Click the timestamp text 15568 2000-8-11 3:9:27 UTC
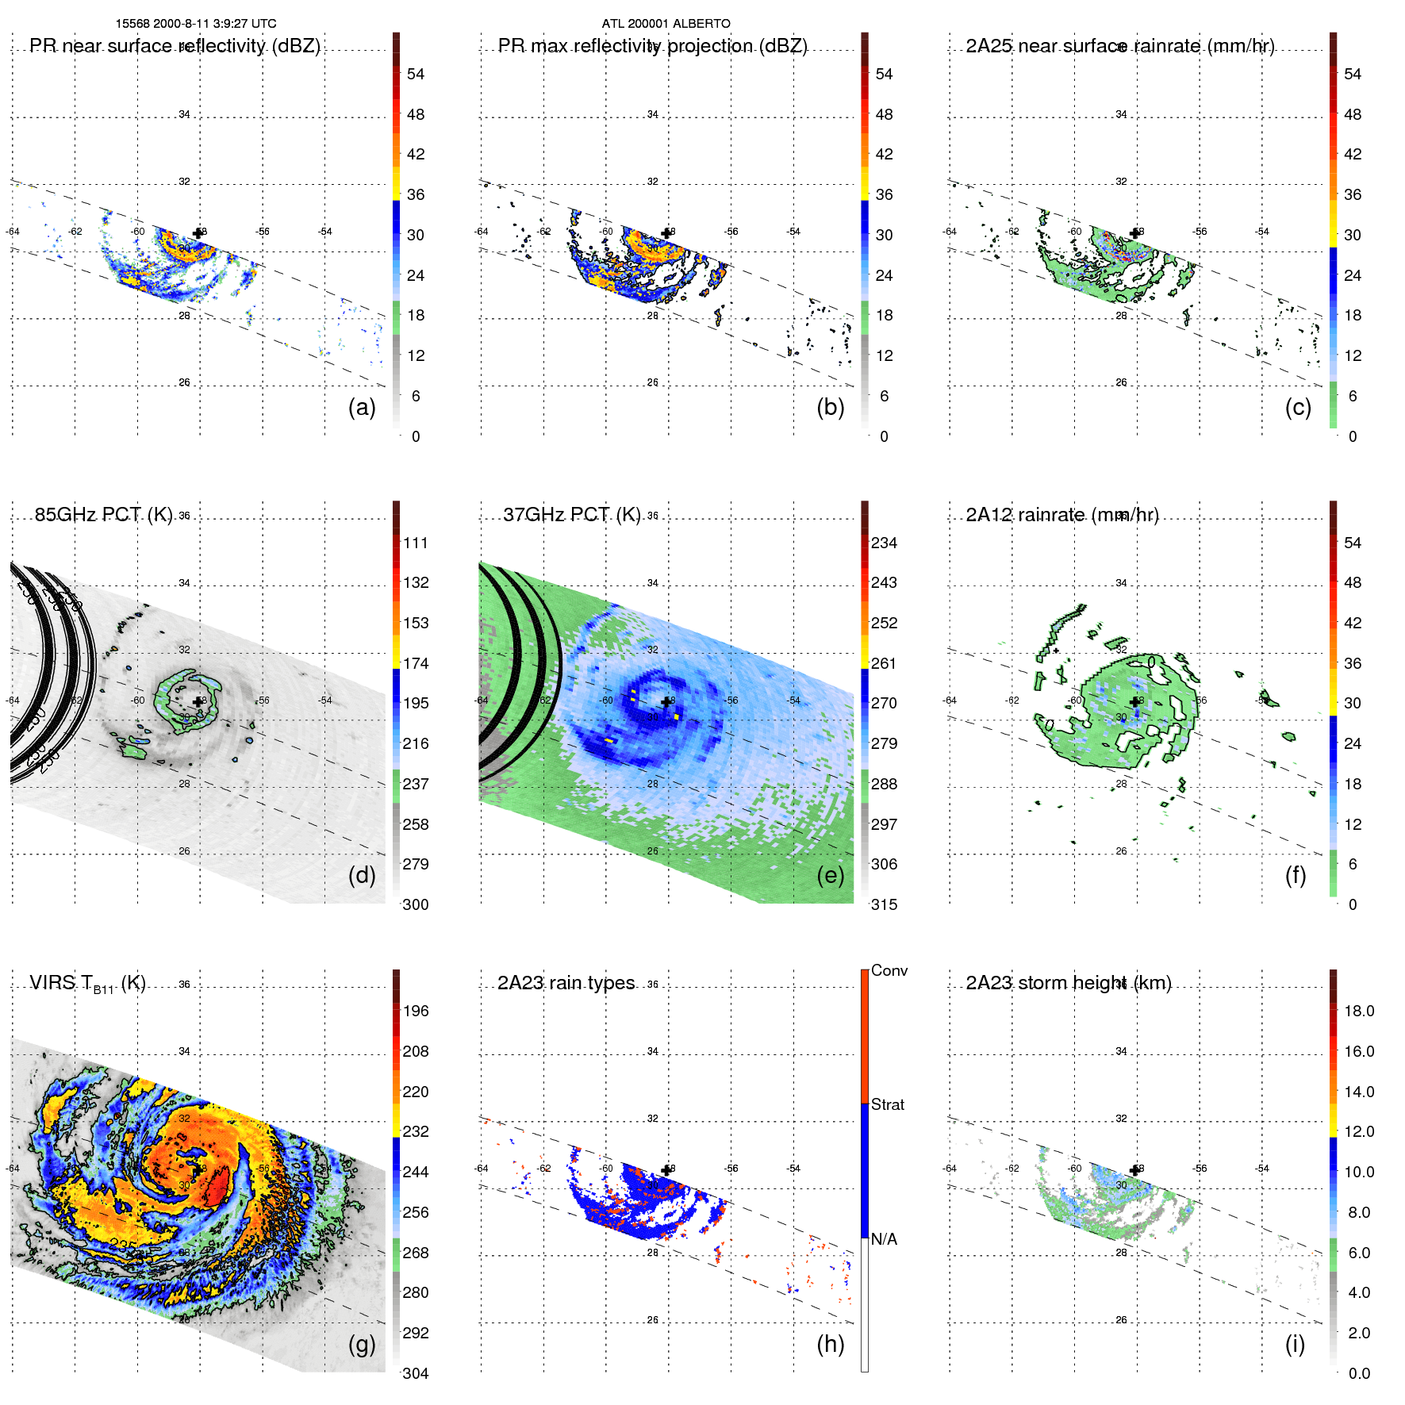click(196, 24)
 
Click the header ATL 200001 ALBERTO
click(666, 24)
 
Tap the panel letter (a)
click(362, 407)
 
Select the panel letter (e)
click(830, 875)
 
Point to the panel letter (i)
click(1295, 1344)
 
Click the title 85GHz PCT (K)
click(103, 514)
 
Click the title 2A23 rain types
click(566, 983)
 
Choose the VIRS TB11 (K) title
click(87, 984)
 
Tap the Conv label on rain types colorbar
click(889, 970)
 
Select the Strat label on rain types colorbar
click(887, 1104)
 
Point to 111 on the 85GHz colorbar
click(415, 543)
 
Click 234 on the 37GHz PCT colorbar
click(884, 543)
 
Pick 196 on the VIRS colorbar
click(415, 1011)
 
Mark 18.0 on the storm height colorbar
click(1358, 1011)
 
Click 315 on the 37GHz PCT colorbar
click(884, 904)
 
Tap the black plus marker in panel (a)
click(198, 233)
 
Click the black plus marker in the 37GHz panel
click(666, 702)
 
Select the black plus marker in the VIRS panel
click(198, 1170)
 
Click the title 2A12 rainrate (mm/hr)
click(1061, 515)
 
